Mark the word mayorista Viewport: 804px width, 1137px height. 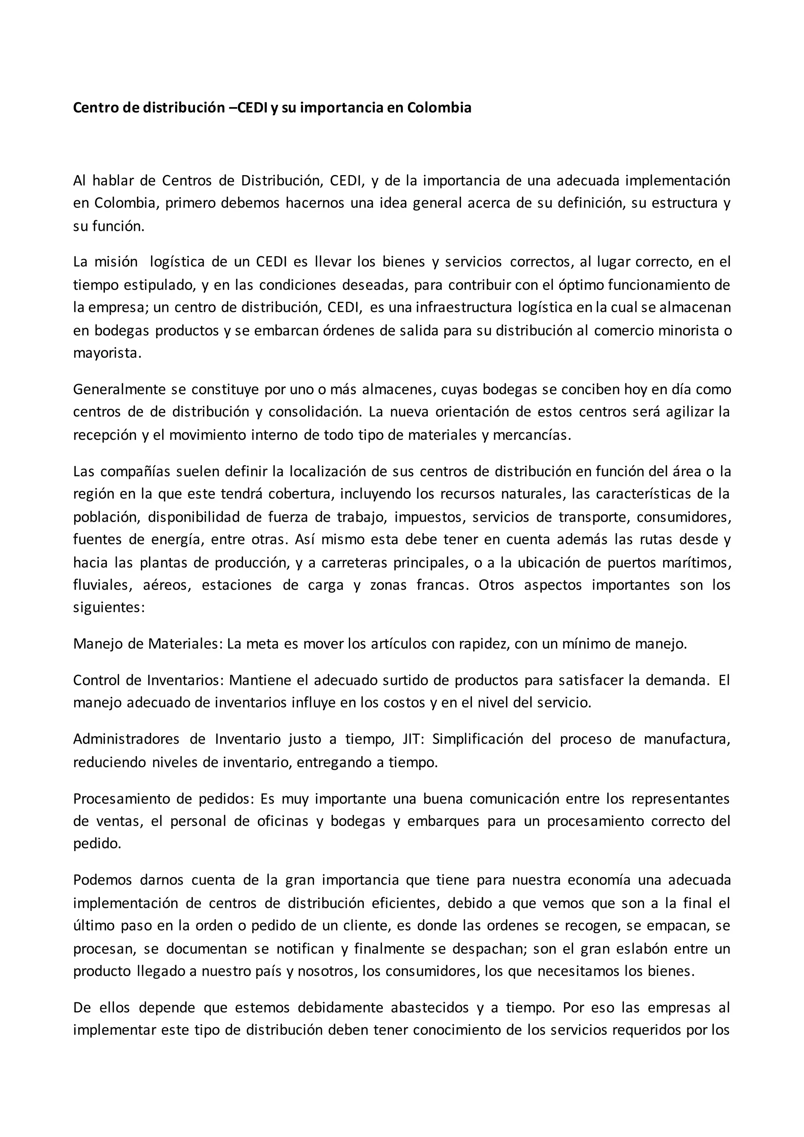106,354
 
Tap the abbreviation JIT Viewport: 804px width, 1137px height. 412,739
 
